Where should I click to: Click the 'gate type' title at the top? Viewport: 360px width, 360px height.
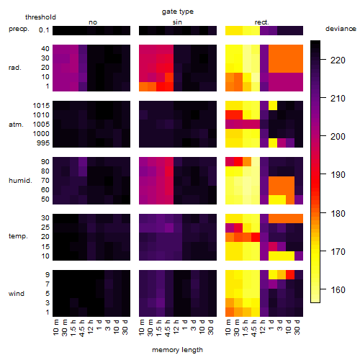tap(178, 12)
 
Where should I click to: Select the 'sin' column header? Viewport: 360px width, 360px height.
tap(177, 22)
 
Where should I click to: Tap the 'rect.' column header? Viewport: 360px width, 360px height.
tap(261, 22)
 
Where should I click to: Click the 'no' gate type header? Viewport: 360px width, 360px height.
tap(93, 22)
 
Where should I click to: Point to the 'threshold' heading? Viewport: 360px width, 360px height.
tap(40, 17)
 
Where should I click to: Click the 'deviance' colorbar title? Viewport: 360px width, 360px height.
tap(341, 29)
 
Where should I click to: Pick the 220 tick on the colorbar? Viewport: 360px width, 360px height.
tap(338, 60)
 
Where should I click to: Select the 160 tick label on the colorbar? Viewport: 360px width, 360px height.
tap(338, 289)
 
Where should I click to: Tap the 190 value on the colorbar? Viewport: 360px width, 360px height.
tap(338, 174)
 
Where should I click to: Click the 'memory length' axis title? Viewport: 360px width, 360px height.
tap(177, 350)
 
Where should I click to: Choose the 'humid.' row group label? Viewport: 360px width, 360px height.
tap(20, 181)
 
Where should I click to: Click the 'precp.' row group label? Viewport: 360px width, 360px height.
tap(19, 29)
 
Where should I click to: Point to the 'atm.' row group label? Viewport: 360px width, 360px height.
tap(16, 125)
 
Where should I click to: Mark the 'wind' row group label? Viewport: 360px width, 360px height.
tap(17, 294)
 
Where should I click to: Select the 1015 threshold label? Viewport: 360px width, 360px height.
tap(41, 105)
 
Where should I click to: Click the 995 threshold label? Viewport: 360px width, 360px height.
tap(43, 143)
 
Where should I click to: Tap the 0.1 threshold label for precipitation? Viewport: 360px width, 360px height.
tap(44, 30)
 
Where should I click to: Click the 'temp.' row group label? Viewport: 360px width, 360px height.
tap(18, 236)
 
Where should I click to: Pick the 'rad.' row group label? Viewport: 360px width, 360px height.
tap(15, 68)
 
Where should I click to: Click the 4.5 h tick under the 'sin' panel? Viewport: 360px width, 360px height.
tap(168, 328)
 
